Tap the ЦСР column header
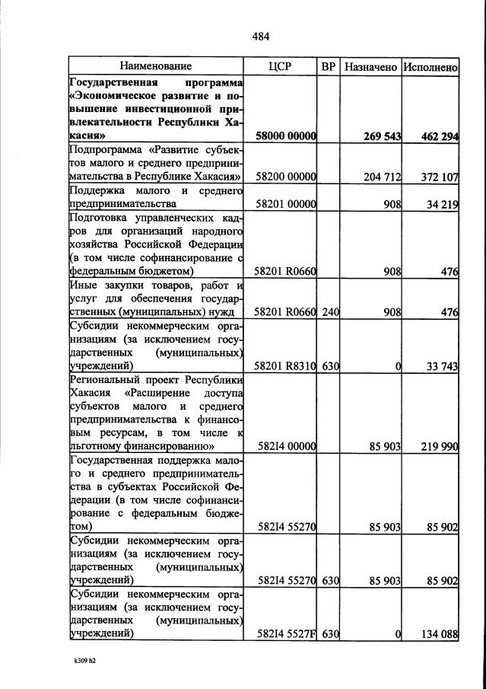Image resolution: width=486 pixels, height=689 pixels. [x=281, y=67]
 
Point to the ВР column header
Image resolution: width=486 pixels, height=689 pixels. [x=329, y=67]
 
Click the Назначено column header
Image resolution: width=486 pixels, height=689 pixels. [x=370, y=67]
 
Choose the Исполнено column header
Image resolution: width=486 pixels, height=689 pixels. [x=430, y=67]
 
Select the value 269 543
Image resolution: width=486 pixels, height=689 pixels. [x=379, y=136]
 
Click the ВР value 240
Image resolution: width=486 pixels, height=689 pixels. [x=329, y=311]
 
